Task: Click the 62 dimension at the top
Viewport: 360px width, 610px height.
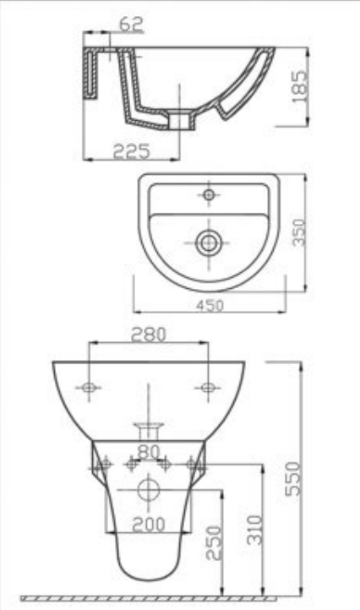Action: coord(130,26)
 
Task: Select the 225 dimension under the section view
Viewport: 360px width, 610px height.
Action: coord(132,151)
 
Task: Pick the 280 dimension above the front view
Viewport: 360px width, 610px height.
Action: coord(149,334)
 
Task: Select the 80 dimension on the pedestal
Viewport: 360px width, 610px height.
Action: coord(149,452)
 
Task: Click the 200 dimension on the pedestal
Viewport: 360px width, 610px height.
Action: coord(149,525)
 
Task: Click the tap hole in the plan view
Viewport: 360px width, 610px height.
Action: coord(209,195)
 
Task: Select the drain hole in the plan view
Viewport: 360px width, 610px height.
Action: coord(207,243)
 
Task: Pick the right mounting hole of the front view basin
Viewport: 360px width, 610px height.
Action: coord(206,388)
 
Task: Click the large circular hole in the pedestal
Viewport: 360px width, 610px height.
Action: coord(149,490)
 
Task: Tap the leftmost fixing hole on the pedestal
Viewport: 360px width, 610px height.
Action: coord(106,463)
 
